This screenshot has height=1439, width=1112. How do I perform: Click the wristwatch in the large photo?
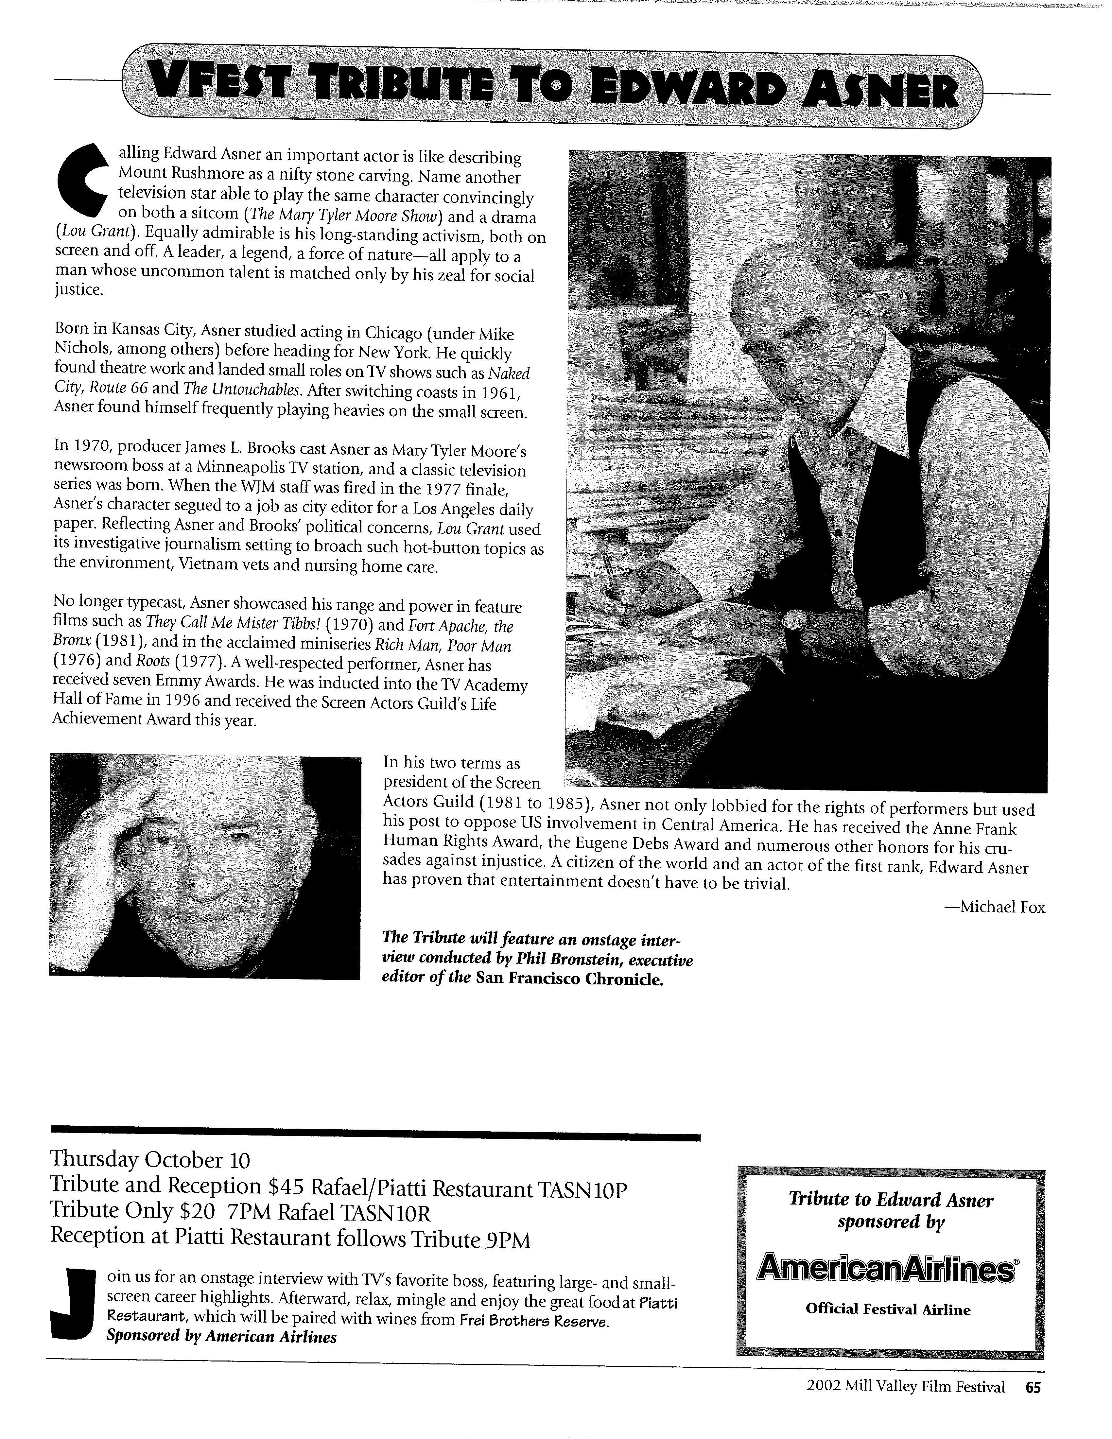pyautogui.click(x=792, y=619)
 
